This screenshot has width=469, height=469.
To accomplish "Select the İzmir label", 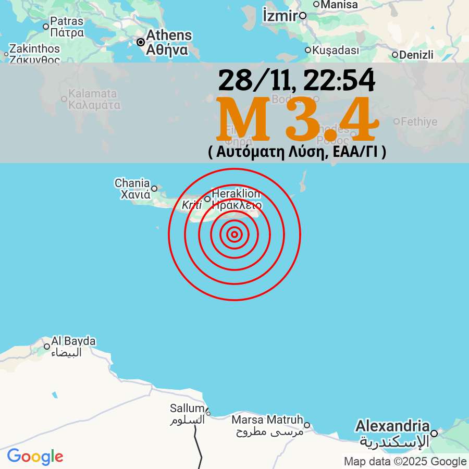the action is pyautogui.click(x=280, y=16).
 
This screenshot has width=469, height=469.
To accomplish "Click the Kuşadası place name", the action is pyautogui.click(x=336, y=51).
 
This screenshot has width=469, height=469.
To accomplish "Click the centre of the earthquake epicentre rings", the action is pyautogui.click(x=234, y=234).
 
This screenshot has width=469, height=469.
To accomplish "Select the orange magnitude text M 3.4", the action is pyautogui.click(x=297, y=120).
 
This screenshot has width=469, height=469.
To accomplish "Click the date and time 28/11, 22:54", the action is pyautogui.click(x=297, y=80).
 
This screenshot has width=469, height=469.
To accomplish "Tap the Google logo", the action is pyautogui.click(x=35, y=457).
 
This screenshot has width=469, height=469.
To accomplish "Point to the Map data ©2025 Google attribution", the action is pyautogui.click(x=405, y=462).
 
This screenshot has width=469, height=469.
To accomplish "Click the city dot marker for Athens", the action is pyautogui.click(x=140, y=42).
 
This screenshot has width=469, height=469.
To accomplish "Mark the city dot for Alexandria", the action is pyautogui.click(x=434, y=433).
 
